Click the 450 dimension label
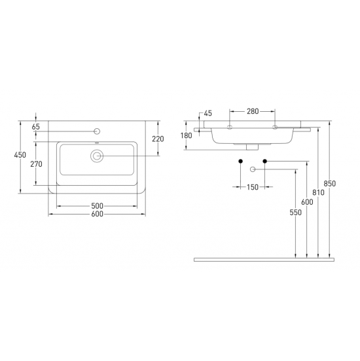click(20, 155)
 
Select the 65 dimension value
click(36, 127)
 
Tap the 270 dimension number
click(37, 164)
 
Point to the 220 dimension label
click(158, 139)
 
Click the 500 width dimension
click(97, 205)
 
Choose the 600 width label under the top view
click(97, 214)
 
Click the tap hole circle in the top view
click(97, 131)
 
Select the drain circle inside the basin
click(97, 156)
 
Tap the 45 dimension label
click(207, 113)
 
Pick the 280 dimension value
click(253, 111)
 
